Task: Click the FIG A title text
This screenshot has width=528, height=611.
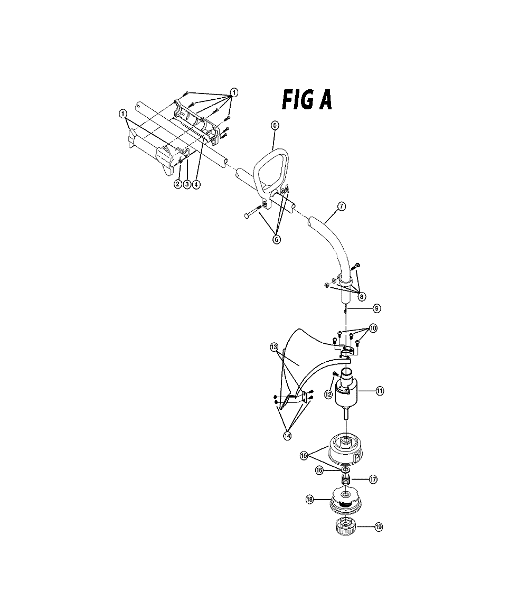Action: point(307,100)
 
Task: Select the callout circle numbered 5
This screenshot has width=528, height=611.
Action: point(275,125)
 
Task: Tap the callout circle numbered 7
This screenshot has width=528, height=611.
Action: point(341,206)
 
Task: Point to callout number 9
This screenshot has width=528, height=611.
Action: point(376,308)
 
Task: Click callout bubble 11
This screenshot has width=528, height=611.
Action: point(380,390)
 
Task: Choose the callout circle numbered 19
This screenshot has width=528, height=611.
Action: point(379,527)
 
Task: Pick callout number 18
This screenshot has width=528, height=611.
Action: point(310,500)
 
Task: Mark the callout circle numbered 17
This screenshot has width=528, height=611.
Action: point(373,480)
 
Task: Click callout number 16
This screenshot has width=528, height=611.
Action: point(319,471)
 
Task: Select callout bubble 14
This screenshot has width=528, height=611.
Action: point(287,436)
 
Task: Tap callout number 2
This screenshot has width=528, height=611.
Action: point(178,184)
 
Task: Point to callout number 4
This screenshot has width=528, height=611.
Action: point(196,184)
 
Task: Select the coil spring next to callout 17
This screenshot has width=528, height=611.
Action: point(346,480)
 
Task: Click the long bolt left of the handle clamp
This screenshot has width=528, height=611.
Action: point(253,210)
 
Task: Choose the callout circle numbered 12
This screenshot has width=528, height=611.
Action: point(328,394)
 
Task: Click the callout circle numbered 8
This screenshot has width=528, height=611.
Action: point(362,297)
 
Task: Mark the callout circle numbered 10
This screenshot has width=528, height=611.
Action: point(373,328)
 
